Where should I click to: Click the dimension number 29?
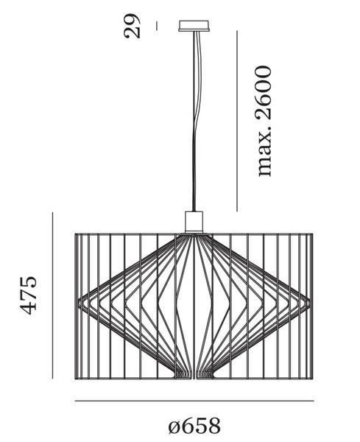pyautogui.click(x=132, y=26)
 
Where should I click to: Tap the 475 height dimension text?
pyautogui.click(x=29, y=295)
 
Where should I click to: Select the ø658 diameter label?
pyautogui.click(x=194, y=426)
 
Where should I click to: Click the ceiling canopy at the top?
pyautogui.click(x=194, y=25)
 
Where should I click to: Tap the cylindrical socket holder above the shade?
pyautogui.click(x=194, y=222)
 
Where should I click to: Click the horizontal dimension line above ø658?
pyautogui.click(x=194, y=401)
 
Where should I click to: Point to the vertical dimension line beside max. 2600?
pyautogui.click(x=237, y=121)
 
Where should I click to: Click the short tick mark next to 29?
pyautogui.click(x=157, y=26)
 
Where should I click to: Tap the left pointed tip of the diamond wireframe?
pyautogui.click(x=78, y=303)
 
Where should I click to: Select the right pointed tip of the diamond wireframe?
pyautogui.click(x=310, y=303)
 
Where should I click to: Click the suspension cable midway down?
pyautogui.click(x=194, y=121)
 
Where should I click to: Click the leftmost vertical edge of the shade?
pyautogui.click(x=76, y=306)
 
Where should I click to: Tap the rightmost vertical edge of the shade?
pyautogui.click(x=312, y=306)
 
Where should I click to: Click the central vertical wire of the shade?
pyautogui.click(x=194, y=306)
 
